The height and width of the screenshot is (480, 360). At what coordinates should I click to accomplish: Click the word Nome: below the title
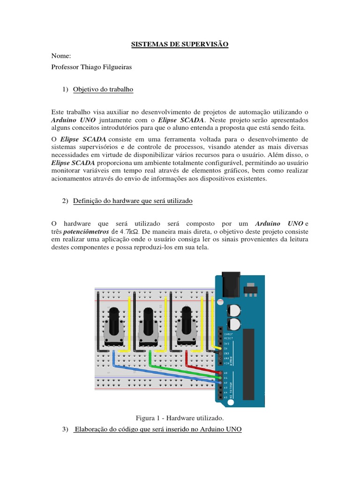coord(60,56)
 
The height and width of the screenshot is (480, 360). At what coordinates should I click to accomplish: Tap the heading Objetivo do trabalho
coord(103,90)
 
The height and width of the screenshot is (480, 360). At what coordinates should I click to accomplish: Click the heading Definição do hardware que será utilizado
coord(133,201)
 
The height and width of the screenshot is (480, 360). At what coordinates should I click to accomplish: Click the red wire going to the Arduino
coord(202,369)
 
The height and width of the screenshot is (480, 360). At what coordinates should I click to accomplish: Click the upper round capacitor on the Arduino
coord(234,310)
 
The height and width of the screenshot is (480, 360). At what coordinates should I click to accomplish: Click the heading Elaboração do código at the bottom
coord(158,429)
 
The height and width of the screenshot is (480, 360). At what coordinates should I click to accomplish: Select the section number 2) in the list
coord(65,201)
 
